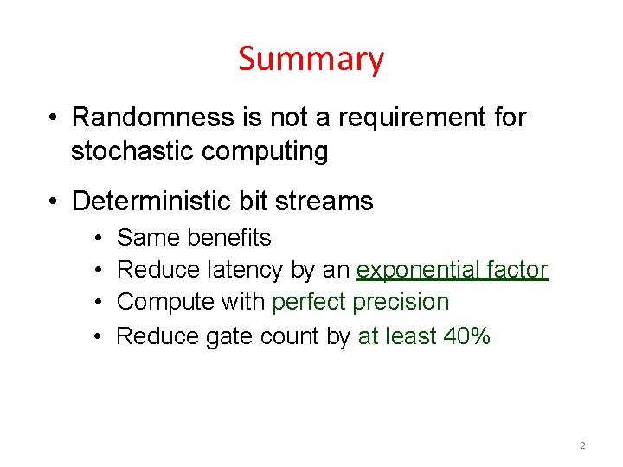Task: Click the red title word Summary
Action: click(x=311, y=60)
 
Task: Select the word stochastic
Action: click(x=132, y=151)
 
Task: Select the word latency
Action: click(x=246, y=271)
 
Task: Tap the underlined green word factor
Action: click(x=517, y=270)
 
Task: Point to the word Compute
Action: click(x=159, y=303)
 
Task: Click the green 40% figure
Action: click(x=466, y=336)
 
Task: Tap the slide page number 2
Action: click(x=582, y=445)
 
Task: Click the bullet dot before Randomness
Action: click(x=54, y=118)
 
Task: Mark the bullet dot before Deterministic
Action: click(x=54, y=202)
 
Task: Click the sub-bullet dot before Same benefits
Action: click(x=99, y=238)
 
